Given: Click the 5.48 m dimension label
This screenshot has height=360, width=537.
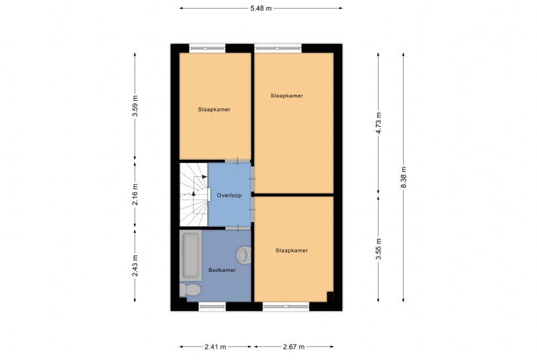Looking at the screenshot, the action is pyautogui.click(x=261, y=8).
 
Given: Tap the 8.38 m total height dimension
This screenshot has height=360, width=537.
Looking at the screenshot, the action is pyautogui.click(x=404, y=177).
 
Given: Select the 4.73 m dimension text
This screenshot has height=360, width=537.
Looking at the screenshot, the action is pyautogui.click(x=379, y=123).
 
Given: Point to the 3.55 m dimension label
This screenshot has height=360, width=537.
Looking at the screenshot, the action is pyautogui.click(x=379, y=249).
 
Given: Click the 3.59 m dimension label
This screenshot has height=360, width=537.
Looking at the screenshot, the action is pyautogui.click(x=135, y=105).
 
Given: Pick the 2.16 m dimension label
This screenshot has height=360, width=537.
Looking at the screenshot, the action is pyautogui.click(x=135, y=194).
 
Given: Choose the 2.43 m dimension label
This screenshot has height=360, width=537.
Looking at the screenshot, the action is pyautogui.click(x=135, y=265).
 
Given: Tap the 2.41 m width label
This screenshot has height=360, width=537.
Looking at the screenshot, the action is pyautogui.click(x=215, y=347).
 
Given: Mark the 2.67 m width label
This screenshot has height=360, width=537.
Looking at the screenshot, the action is pyautogui.click(x=294, y=347).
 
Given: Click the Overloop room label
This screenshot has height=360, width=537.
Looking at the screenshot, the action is pyautogui.click(x=229, y=195).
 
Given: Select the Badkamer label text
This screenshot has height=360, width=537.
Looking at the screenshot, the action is pyautogui.click(x=222, y=270).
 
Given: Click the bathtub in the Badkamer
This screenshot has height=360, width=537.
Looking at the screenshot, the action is pyautogui.click(x=190, y=255).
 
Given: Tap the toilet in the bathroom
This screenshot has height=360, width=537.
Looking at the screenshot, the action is pyautogui.click(x=190, y=290).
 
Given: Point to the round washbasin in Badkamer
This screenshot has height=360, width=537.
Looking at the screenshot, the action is pyautogui.click(x=243, y=255).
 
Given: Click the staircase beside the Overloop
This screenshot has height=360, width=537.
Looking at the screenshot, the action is pyautogui.click(x=194, y=194).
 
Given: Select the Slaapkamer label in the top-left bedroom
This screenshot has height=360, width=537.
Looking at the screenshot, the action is pyautogui.click(x=214, y=109).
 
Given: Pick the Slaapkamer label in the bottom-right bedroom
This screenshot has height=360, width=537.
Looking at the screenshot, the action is pyautogui.click(x=292, y=251).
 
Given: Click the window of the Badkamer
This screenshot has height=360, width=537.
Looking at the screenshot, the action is pyautogui.click(x=212, y=306).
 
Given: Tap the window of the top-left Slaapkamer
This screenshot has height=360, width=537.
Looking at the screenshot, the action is pyautogui.click(x=208, y=48).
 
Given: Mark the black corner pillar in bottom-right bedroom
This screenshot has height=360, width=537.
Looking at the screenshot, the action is pyautogui.click(x=330, y=296).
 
